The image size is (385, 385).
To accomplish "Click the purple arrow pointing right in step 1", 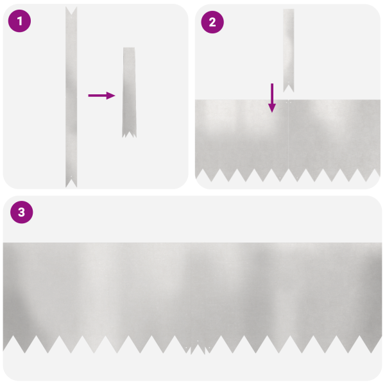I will (x=101, y=96).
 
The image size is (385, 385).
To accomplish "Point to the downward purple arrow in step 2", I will (x=272, y=98).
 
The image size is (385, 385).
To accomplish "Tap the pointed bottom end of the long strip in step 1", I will (x=71, y=182).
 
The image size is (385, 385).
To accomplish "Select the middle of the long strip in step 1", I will (x=71, y=96).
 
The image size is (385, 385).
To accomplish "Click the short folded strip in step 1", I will (x=129, y=90).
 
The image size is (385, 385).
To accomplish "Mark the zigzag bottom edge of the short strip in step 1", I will (x=129, y=135).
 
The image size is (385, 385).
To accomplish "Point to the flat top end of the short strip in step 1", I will (x=129, y=49).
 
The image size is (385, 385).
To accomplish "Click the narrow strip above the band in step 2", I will (x=288, y=45).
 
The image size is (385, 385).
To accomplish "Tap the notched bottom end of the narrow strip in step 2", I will (x=288, y=87).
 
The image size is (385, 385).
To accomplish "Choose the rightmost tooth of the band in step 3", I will (x=375, y=343).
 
